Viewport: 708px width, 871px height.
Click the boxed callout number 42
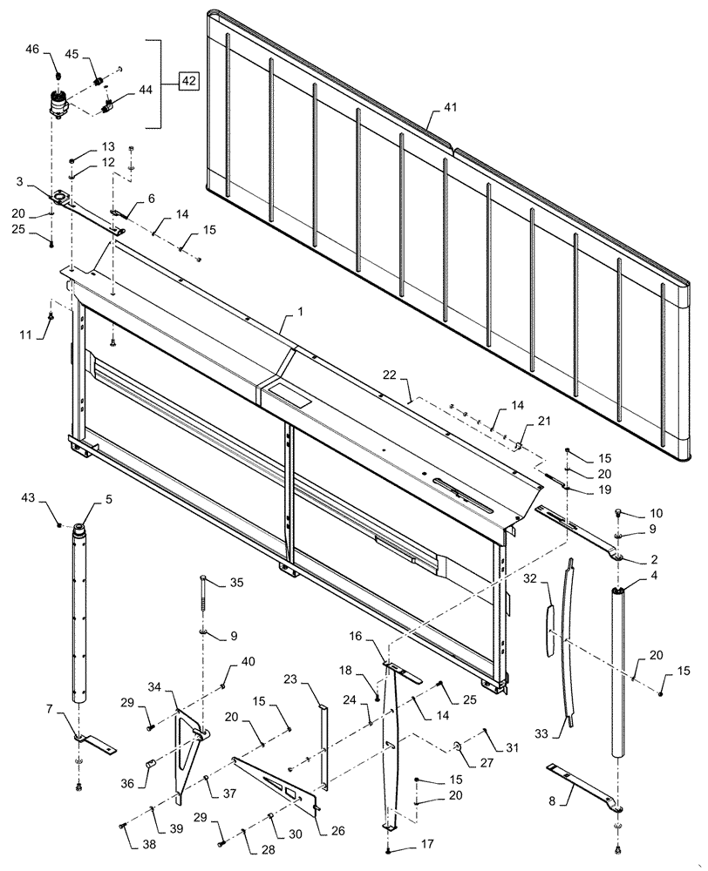pos(188,82)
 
